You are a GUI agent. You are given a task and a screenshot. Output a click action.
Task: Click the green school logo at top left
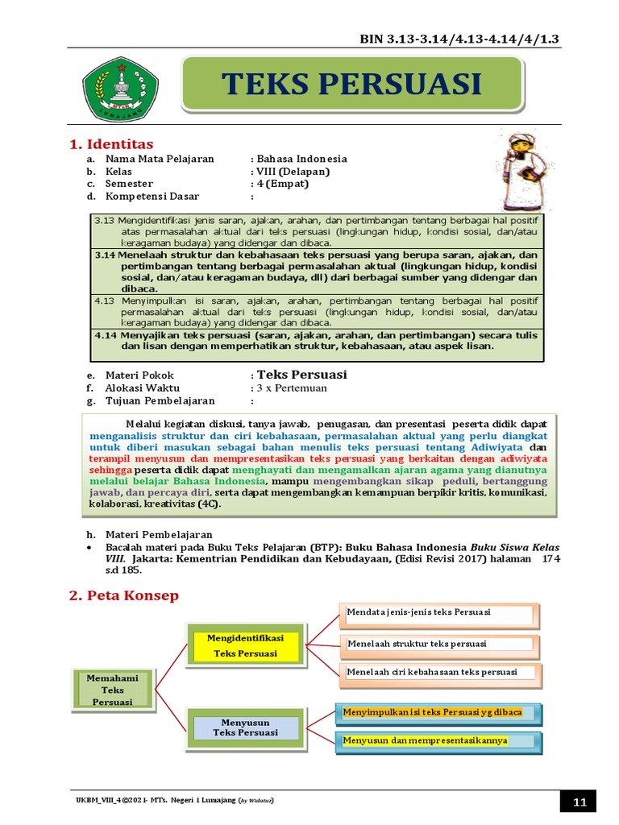[x=116, y=88]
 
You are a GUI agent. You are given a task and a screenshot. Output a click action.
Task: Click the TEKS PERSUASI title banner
[x=351, y=84]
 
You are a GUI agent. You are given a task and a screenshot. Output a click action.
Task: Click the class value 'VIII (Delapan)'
[x=293, y=172]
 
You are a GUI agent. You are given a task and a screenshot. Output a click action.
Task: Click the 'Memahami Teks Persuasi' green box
[x=113, y=690]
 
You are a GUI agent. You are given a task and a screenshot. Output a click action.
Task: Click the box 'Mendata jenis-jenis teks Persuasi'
[x=439, y=614]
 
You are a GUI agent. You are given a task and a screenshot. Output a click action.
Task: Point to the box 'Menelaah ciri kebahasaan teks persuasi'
[x=439, y=673]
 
